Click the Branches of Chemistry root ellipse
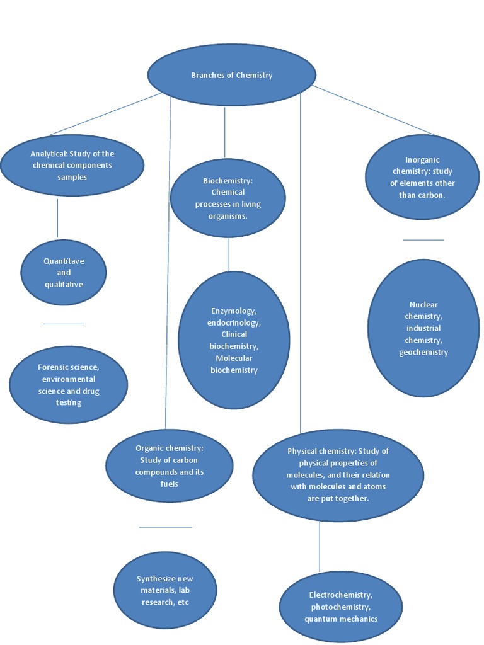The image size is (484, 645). (x=231, y=75)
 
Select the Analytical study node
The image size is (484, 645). (x=72, y=166)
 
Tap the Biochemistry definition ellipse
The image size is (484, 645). (x=228, y=198)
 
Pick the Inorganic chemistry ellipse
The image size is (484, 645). (x=422, y=178)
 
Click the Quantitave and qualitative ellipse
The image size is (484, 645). (x=64, y=273)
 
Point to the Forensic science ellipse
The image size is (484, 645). (x=68, y=384)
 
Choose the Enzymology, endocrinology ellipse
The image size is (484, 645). (x=234, y=340)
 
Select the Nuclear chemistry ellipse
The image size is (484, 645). (x=423, y=328)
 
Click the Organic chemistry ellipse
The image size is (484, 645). (x=169, y=466)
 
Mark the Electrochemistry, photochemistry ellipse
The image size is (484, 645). (x=340, y=607)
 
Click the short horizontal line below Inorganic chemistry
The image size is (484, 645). (x=423, y=240)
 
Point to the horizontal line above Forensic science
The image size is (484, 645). (x=63, y=324)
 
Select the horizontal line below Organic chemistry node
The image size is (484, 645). (x=165, y=527)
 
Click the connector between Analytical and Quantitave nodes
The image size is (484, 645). (x=57, y=218)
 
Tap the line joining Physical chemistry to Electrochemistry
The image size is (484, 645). (x=320, y=546)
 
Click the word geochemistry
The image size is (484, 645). (x=423, y=352)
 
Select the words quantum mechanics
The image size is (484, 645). (x=340, y=619)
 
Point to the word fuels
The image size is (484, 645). (x=169, y=484)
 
